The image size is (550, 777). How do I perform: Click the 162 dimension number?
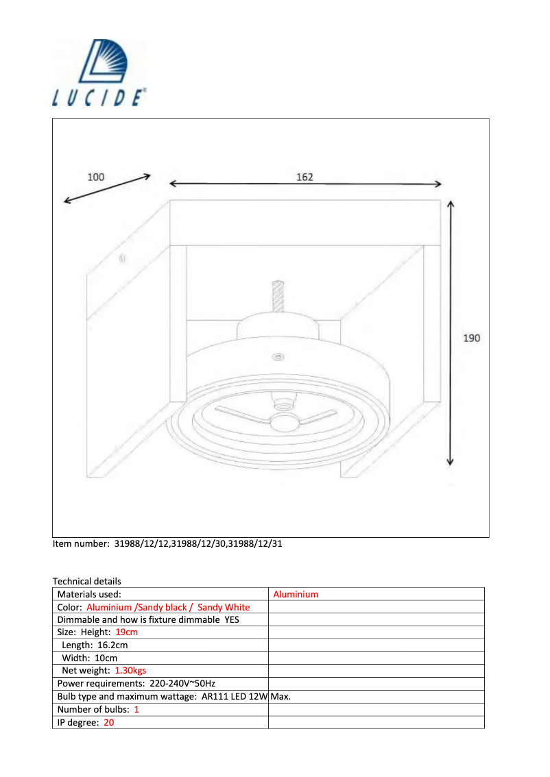304,177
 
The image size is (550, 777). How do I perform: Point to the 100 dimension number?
96,177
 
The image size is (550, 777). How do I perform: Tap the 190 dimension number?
472,338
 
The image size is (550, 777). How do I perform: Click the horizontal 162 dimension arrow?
305,184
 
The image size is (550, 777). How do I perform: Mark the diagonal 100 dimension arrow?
107,188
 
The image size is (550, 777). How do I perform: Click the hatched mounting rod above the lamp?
278,295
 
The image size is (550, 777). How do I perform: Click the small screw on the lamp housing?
277,357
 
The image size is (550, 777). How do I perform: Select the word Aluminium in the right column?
296,595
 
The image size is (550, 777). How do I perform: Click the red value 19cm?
127,632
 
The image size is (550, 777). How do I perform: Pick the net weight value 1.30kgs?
130,671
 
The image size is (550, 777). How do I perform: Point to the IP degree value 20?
109,722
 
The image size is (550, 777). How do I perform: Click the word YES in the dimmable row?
232,620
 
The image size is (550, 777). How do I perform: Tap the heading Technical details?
86,581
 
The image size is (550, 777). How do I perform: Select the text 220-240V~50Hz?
182,684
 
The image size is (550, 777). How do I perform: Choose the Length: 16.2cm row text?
95,645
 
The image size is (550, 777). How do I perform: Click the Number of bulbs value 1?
136,709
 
